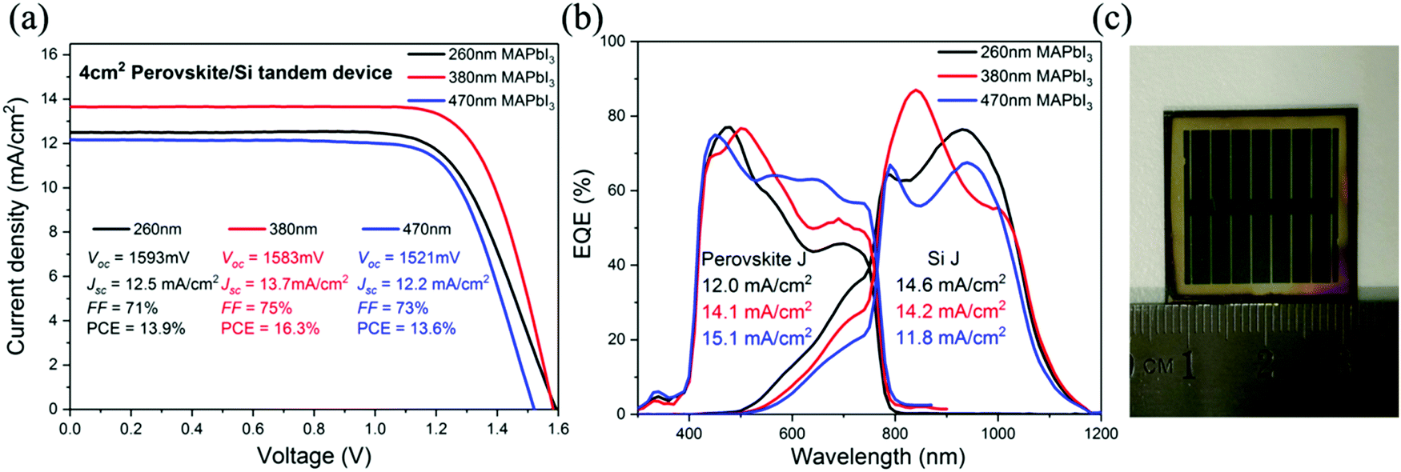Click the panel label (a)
click(x=30, y=18)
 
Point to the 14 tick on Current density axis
click(x=50, y=99)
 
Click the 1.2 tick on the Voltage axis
click(x=436, y=429)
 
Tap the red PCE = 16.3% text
click(x=270, y=329)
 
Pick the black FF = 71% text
click(x=122, y=308)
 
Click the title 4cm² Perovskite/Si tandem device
click(x=235, y=73)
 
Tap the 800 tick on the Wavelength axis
click(x=894, y=434)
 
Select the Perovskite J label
click(x=753, y=259)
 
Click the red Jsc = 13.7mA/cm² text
click(x=283, y=284)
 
